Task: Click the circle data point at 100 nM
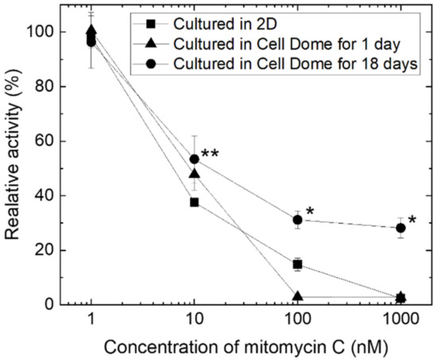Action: pos(297,219)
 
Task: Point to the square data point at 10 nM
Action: pos(194,202)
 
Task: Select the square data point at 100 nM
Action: pos(297,264)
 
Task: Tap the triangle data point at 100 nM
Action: pos(297,296)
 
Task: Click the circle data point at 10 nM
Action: pos(194,159)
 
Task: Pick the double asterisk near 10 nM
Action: pos(211,154)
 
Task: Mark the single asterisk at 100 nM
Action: pos(311,211)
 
